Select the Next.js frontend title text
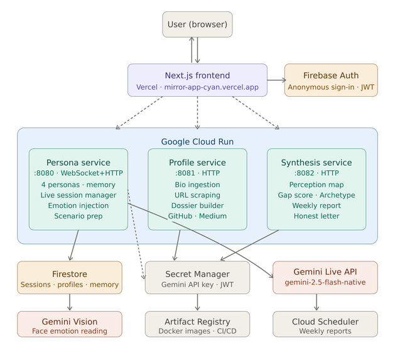pos(197,75)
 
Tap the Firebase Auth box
pos(331,80)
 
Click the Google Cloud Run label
pos(197,142)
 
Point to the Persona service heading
pos(78,163)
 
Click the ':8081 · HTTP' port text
pos(197,173)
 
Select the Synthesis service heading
pos(317,163)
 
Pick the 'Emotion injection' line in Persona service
pos(78,205)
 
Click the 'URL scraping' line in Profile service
pos(197,195)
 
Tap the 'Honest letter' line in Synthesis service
pos(317,216)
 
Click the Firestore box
pos(70,278)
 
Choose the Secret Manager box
pos(197,278)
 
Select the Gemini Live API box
pos(325,277)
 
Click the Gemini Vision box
pos(70,324)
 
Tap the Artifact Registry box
pos(197,324)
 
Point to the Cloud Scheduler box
pos(325,324)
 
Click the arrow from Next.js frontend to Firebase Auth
pos(276,80)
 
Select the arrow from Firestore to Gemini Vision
pos(70,302)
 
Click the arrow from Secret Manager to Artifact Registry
pos(197,302)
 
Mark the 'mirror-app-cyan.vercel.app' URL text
pos(212,87)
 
